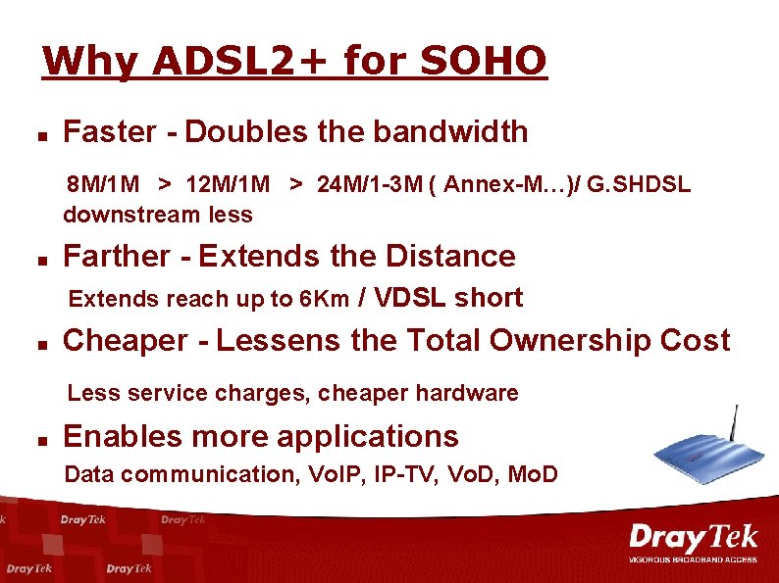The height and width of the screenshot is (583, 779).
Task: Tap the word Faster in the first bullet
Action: coord(109,131)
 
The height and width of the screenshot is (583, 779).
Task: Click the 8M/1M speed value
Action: coord(102,185)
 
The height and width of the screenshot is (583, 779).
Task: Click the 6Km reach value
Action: coord(325,299)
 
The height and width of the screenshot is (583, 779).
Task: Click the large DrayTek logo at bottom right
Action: coord(694,539)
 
